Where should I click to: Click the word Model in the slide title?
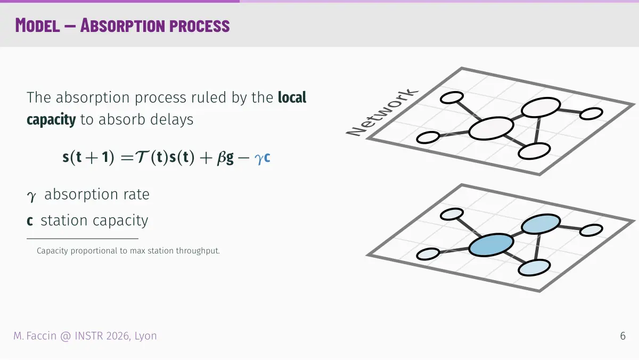37,26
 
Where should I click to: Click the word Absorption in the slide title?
122,26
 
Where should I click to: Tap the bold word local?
292,97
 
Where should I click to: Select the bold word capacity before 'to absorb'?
51,119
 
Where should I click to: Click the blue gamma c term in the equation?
262,158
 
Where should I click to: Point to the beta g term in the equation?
225,158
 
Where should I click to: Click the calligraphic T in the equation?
142,157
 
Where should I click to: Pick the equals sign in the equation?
127,158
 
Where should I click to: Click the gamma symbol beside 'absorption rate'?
31,197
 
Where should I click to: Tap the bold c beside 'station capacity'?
30,221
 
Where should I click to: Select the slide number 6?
622,336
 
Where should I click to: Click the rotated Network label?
382,112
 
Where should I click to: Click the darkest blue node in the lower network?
491,245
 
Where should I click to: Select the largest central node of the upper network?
491,128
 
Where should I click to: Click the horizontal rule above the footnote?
83,239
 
